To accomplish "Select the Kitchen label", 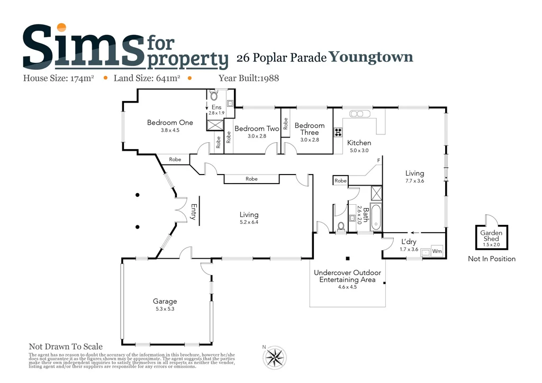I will click(359, 143).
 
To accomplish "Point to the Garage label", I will click(166, 302).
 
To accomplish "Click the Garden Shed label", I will click(491, 236).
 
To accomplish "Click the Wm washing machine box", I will click(437, 251).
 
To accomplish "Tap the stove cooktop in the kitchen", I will click(337, 133).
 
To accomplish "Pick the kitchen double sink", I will click(357, 114).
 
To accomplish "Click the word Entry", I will click(194, 212).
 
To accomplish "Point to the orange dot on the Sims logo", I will click(62, 28).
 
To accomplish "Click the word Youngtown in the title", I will click(371, 57).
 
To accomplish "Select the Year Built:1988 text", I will click(249, 78).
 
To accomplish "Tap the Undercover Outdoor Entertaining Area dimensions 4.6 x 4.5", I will click(347, 287).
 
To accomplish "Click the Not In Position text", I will click(491, 259).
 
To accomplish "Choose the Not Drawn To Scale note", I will click(66, 346).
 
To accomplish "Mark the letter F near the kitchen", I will click(378, 160).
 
